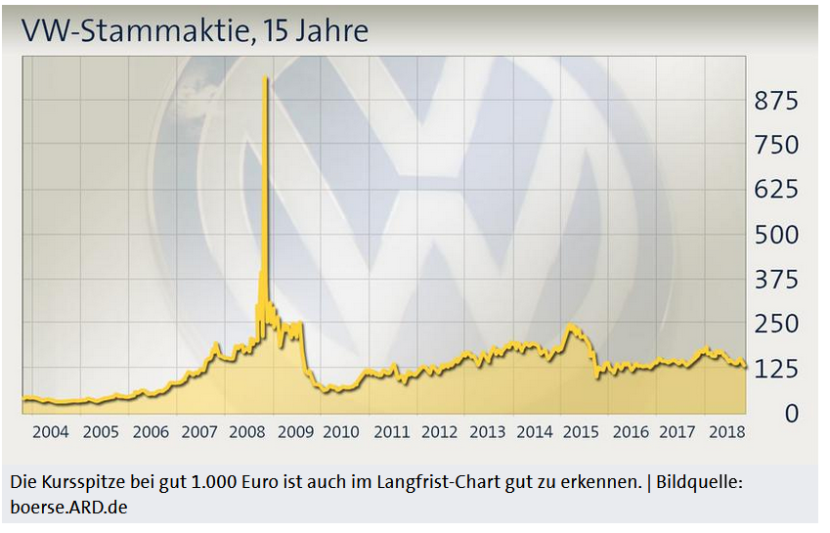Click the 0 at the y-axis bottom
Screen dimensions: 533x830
(790, 414)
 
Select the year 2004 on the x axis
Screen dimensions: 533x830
(51, 431)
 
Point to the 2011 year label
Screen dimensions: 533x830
(392, 431)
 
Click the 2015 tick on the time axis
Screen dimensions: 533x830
(582, 431)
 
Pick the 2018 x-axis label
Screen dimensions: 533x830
(725, 431)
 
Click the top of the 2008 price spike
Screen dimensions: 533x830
(266, 77)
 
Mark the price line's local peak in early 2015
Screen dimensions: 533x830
(572, 326)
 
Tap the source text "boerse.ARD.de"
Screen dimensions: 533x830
(68, 508)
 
